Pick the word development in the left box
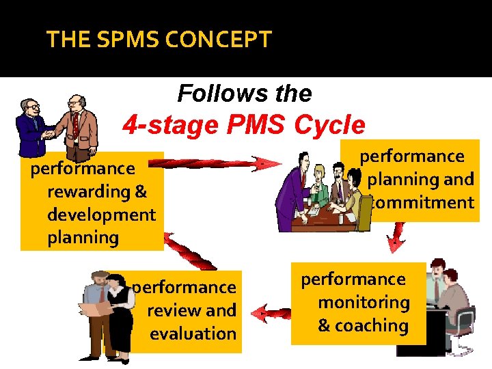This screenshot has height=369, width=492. point(101,215)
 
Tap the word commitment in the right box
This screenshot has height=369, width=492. point(421,203)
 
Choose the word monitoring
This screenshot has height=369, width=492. point(364,302)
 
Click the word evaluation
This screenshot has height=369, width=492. point(193,333)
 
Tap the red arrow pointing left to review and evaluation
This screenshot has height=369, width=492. point(270,314)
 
